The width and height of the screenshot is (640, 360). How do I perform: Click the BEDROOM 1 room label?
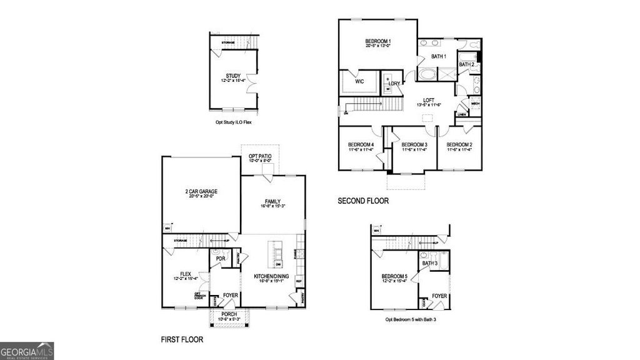click(x=377, y=41)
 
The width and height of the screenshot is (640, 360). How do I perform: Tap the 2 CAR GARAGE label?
click(x=201, y=191)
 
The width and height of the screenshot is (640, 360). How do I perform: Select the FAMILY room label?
click(x=272, y=201)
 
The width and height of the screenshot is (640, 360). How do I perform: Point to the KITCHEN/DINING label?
click(x=271, y=276)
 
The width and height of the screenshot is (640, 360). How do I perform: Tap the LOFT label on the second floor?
click(x=428, y=100)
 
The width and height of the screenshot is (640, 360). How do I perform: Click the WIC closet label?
click(x=359, y=81)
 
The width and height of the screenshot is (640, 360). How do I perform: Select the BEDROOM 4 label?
click(x=361, y=145)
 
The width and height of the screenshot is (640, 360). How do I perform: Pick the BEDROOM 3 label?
click(x=414, y=145)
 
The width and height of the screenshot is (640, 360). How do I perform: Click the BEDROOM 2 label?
click(x=459, y=145)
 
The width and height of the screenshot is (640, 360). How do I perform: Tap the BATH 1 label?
click(x=439, y=56)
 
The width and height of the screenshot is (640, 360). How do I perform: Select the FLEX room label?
click(x=185, y=274)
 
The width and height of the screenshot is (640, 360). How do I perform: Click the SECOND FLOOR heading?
click(x=363, y=201)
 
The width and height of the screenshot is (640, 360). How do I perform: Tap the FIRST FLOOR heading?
click(x=182, y=340)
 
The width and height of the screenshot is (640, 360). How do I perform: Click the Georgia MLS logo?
click(x=27, y=350)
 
